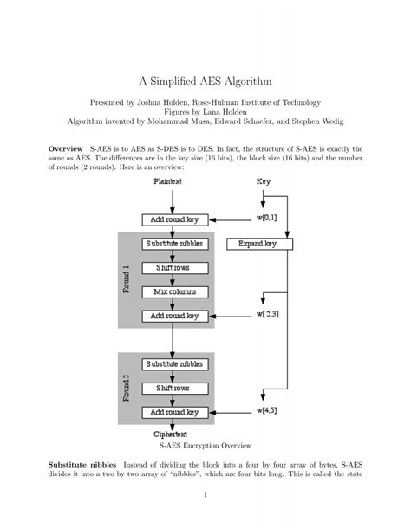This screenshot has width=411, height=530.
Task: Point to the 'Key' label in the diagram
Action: (x=264, y=181)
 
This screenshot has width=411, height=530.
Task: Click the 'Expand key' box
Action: (x=258, y=245)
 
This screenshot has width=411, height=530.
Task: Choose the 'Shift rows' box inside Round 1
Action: (x=174, y=268)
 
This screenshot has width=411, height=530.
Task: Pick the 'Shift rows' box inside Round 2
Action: (x=174, y=388)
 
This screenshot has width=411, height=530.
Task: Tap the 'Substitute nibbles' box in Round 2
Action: (x=174, y=363)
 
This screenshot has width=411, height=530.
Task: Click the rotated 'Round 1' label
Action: (x=127, y=279)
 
